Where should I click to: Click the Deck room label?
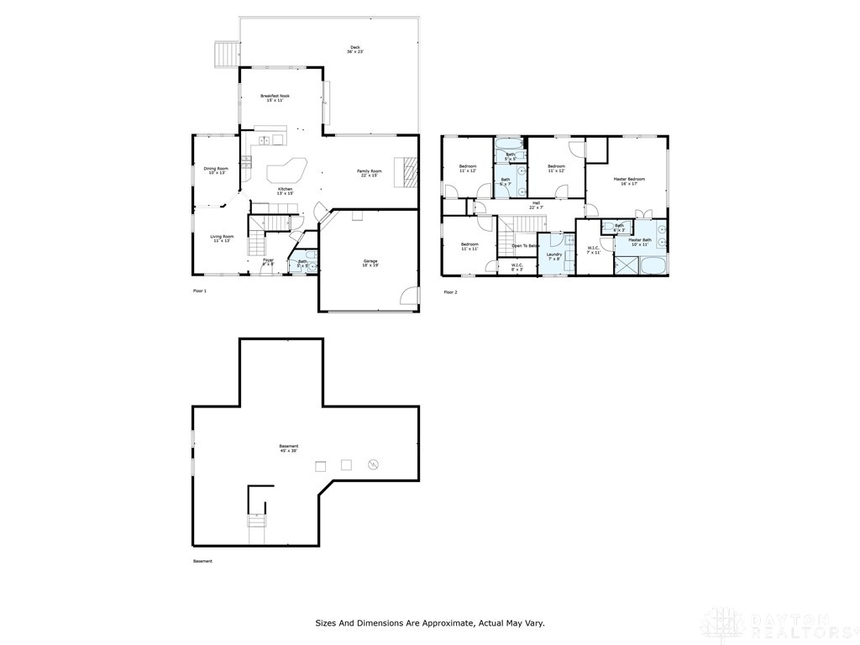354,50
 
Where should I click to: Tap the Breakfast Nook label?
275,98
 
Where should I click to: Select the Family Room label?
370,173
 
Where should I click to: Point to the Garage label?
370,263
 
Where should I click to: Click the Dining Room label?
216,170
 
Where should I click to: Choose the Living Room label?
222,239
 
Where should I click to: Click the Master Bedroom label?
628,181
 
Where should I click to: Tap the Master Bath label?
640,242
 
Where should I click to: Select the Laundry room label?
553,256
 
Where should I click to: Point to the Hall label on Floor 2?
536,205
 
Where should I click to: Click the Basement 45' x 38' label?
289,448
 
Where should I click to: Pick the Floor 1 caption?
200,291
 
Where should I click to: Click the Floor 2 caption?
451,291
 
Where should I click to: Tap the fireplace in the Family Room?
409,172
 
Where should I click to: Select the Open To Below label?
525,246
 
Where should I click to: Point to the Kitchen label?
286,191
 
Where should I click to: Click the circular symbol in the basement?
375,464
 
